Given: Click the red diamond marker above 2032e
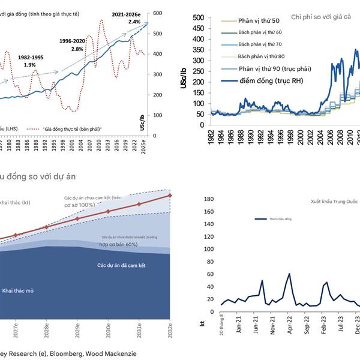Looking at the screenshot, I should [170, 195].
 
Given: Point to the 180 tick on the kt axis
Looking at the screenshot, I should [209, 199].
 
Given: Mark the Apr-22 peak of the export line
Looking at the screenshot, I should [289, 274].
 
